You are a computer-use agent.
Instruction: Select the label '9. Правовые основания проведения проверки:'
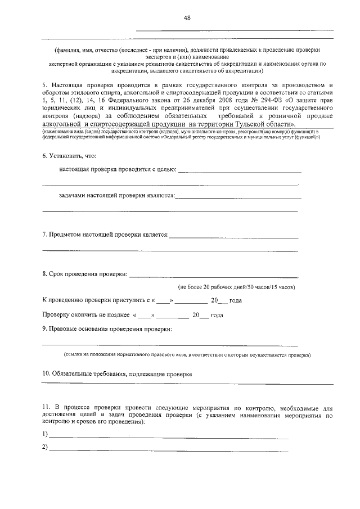pos(107,328)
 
